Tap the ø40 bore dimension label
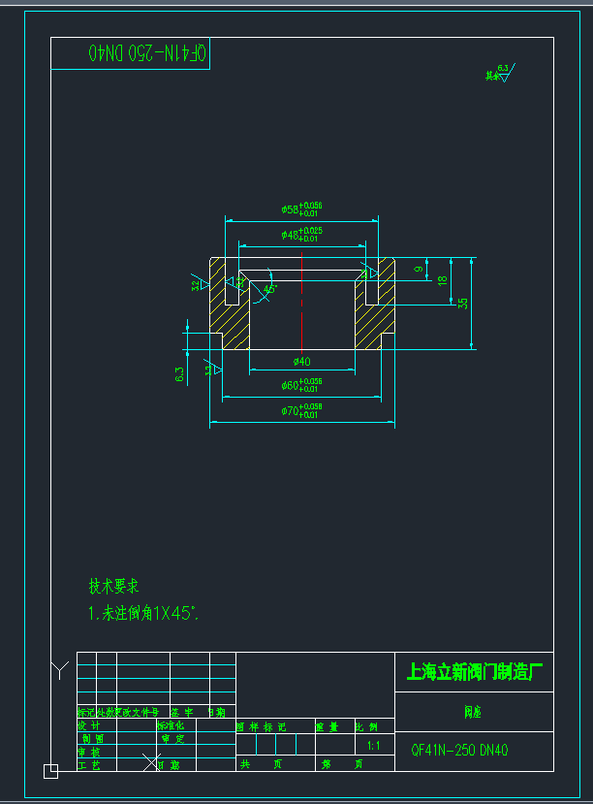point(301,362)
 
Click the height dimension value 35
point(463,303)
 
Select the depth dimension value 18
point(443,280)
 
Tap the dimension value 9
point(419,269)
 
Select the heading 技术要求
point(114,586)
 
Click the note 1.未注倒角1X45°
point(143,613)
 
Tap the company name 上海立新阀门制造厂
point(474,671)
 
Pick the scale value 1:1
point(373,746)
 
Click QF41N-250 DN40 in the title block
point(459,749)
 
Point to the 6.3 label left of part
point(180,374)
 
